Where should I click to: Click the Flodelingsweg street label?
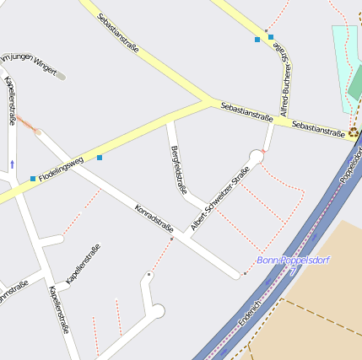pos(67,169)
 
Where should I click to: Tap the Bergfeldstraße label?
pos(178,169)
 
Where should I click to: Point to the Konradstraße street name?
pos(154,217)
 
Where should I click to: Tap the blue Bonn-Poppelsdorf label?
pos(293,261)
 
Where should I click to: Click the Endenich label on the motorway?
pos(251,311)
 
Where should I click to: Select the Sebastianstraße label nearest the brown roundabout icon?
pos(318,127)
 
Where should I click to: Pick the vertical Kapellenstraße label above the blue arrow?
pos(11,100)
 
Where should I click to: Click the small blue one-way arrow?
pos(12,163)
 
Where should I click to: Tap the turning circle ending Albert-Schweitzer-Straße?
pos(257,156)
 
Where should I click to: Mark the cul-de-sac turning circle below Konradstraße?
pos(156,311)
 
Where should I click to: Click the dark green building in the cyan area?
pos(356,82)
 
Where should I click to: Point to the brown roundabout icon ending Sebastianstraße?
pos(353,133)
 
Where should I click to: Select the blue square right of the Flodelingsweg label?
pos(100,157)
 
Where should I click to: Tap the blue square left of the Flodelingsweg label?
pos(33,178)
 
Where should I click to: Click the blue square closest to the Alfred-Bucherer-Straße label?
pos(271,37)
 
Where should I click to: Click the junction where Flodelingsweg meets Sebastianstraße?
pos(207,103)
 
